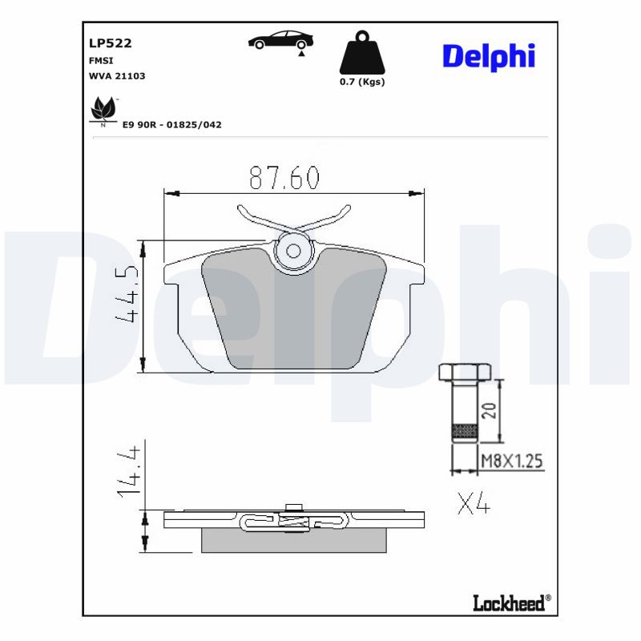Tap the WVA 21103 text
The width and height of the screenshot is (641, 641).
pos(116,75)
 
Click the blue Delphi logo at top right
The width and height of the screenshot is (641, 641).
pos(488,55)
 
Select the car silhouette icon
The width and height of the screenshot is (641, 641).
pos(280,41)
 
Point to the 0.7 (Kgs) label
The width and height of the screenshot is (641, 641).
pos(362,82)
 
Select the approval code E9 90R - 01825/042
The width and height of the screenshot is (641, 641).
pos(171,125)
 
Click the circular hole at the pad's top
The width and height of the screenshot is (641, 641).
pos(293,251)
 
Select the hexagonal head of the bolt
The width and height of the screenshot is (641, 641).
pos(464,373)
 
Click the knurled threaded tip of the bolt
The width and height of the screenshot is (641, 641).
pos(465,433)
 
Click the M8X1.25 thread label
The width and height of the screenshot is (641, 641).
pos(511,461)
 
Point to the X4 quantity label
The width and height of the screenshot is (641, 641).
pos(474,504)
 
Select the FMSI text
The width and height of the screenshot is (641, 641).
pos(100,60)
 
